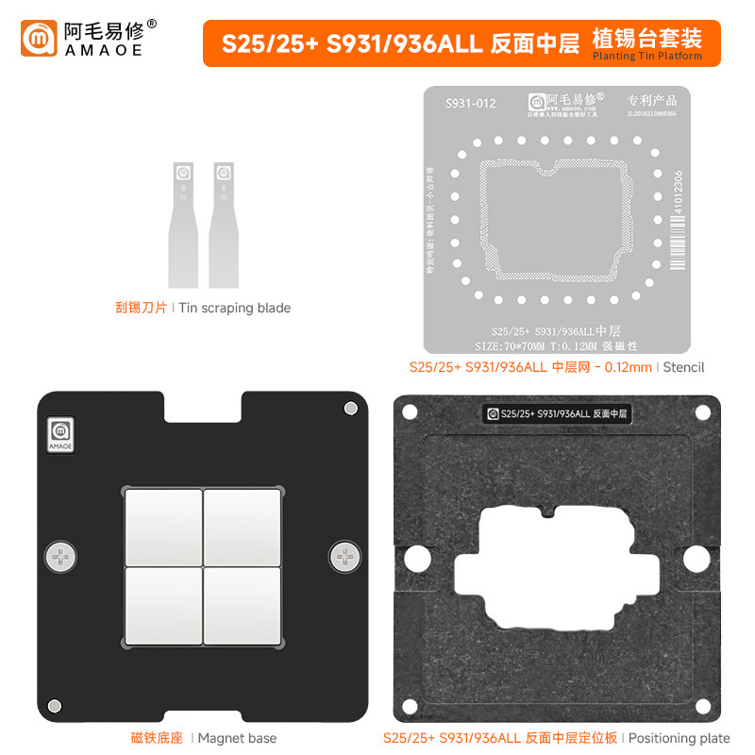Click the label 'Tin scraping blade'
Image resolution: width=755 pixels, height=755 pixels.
235,308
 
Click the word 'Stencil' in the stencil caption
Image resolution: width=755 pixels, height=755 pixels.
683,366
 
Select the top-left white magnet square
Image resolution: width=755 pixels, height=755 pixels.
162,527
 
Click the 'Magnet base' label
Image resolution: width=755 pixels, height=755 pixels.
237,737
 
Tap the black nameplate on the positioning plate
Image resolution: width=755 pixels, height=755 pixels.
558,412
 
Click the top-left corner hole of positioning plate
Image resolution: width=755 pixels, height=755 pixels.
410,411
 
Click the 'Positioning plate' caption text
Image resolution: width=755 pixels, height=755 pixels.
679,737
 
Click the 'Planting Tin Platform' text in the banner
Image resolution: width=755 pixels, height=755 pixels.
646,57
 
